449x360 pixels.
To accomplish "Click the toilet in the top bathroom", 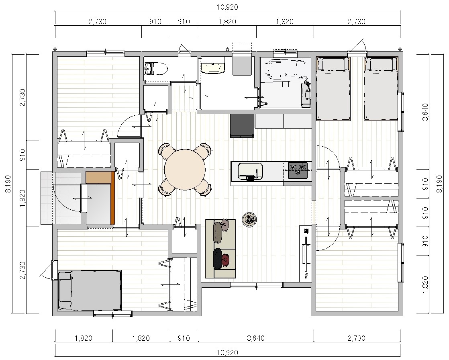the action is coord(155,69).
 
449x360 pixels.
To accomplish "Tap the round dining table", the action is coord(185,169).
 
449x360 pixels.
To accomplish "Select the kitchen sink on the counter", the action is coord(250,171).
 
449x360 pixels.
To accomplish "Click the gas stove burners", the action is coord(298,170).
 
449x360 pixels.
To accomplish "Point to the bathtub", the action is coord(285,69).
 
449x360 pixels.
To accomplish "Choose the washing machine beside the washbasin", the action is coord(242,64).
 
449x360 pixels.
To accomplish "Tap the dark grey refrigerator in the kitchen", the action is coord(242,126).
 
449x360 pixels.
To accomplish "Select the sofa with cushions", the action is coord(220,248).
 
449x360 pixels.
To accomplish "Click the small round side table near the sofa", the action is coord(249,220).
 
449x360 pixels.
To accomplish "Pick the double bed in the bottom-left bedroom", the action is coord(89,290).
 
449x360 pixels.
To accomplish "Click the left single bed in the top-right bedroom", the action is coord(333,88).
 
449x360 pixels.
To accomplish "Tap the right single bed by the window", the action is coord(381,88).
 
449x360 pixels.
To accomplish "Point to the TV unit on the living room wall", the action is coord(306,254).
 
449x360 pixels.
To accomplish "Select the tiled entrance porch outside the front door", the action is coord(61,198).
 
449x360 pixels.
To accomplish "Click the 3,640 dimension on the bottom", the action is coord(256,338).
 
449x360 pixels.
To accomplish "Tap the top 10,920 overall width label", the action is coord(227,7).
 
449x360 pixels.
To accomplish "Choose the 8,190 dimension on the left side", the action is coord(8,184).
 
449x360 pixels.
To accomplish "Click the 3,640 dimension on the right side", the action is coord(425,112).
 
